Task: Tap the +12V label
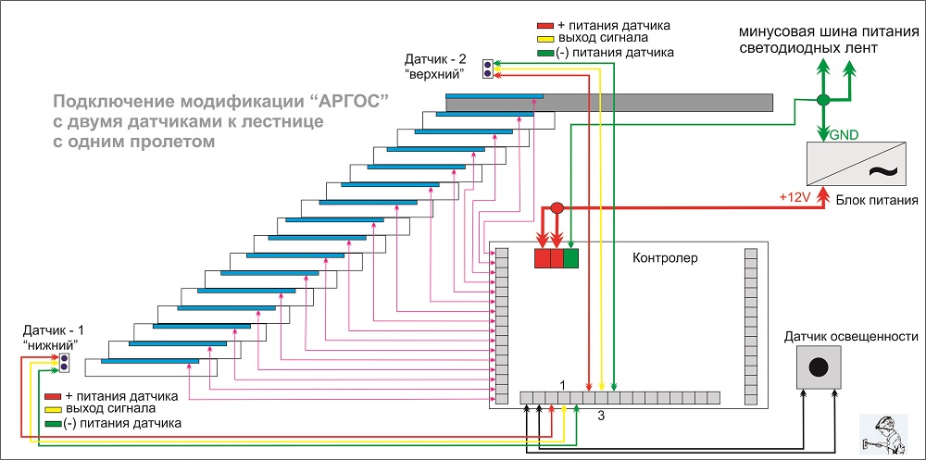tap(795, 198)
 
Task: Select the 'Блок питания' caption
tap(876, 199)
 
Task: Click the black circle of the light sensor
tap(818, 367)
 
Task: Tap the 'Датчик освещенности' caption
tap(851, 336)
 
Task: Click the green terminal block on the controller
tap(571, 258)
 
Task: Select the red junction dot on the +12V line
tap(557, 209)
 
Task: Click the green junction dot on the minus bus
tap(821, 100)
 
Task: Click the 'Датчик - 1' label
tap(53, 330)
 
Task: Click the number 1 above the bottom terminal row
tap(561, 383)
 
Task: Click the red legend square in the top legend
tap(546, 25)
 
